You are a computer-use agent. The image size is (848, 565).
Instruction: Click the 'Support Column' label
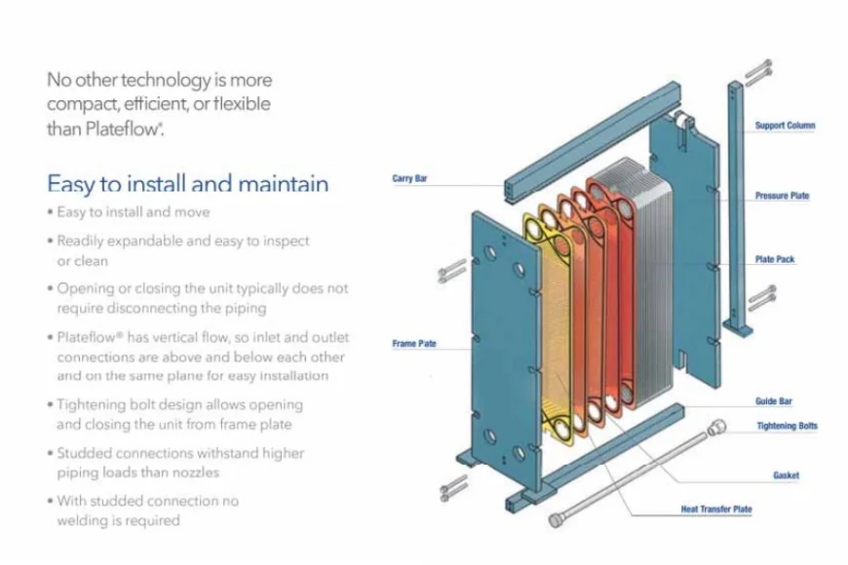pyautogui.click(x=785, y=126)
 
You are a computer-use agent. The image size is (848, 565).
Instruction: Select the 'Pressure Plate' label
pyautogui.click(x=782, y=196)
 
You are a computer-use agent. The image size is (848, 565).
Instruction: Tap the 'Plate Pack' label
pyautogui.click(x=776, y=260)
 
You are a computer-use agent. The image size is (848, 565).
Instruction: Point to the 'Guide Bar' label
pyautogui.click(x=773, y=401)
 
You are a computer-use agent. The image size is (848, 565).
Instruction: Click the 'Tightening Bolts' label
pyautogui.click(x=787, y=426)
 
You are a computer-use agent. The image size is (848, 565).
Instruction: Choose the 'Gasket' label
pyautogui.click(x=786, y=475)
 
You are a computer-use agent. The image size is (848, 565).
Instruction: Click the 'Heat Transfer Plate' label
pyautogui.click(x=715, y=509)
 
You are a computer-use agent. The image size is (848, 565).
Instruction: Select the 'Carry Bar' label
pyautogui.click(x=409, y=178)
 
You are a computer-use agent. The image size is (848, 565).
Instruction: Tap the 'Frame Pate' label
pyautogui.click(x=413, y=344)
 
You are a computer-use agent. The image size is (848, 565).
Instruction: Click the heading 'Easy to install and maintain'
pyautogui.click(x=187, y=184)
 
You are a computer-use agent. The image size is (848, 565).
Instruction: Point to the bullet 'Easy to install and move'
pyautogui.click(x=133, y=212)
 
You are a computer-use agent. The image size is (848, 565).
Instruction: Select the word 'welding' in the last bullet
pyautogui.click(x=83, y=520)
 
